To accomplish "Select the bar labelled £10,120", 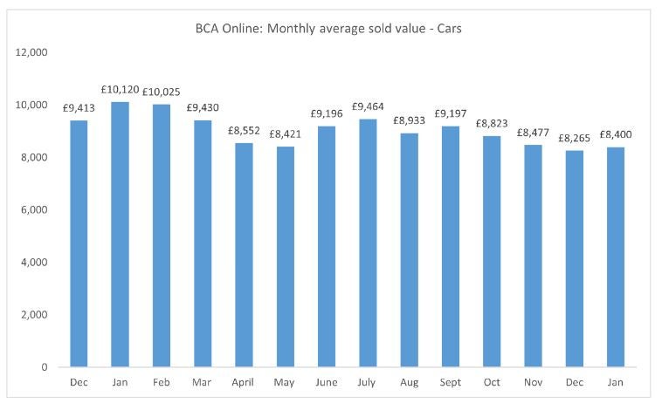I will [120, 235].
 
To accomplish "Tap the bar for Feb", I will [161, 236].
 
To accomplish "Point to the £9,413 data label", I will [79, 109].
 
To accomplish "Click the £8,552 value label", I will [244, 131].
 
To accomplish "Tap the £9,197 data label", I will [451, 114].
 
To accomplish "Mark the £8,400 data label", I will [616, 134].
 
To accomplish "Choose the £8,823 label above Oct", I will [492, 124].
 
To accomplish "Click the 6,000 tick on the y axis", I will [33, 210].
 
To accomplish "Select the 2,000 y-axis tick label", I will [33, 315].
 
